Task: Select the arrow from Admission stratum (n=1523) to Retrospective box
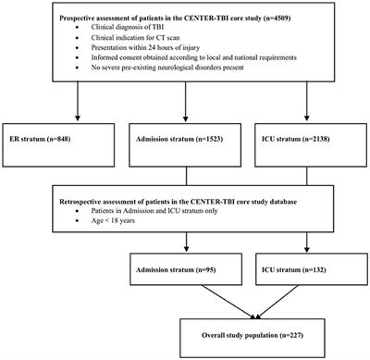pos(184,176)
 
